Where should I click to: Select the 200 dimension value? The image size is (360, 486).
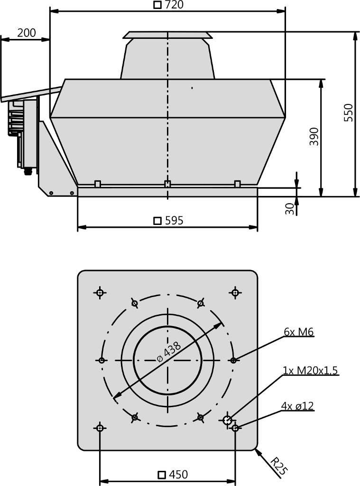[x=27, y=33]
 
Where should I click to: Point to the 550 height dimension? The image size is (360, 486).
[x=349, y=112]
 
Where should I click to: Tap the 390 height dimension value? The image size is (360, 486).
[x=314, y=136]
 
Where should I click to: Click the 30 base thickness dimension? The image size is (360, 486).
[x=290, y=209]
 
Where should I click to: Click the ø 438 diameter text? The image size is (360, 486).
[x=169, y=351]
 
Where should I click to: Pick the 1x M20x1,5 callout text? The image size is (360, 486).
[x=310, y=370]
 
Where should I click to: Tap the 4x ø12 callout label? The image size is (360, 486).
[x=297, y=406]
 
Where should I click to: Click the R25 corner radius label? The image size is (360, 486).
[x=277, y=466]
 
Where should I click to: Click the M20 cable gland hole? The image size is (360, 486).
[x=227, y=421]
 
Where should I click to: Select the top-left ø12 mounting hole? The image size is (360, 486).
[x=100, y=292]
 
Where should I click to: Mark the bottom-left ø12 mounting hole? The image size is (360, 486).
[x=100, y=428]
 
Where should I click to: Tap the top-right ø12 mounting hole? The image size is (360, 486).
[x=235, y=292]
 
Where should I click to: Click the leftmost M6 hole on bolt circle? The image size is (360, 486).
[x=102, y=360]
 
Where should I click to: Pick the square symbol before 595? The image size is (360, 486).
[x=157, y=221]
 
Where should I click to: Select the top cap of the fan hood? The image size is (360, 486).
[x=167, y=35]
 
